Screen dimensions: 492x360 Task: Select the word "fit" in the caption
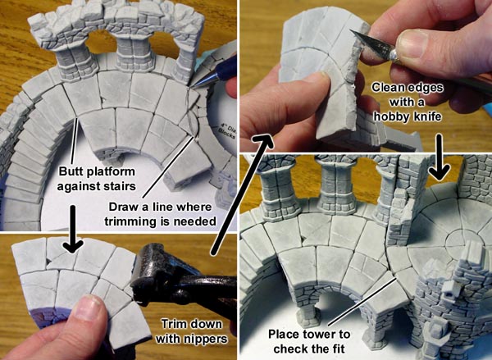(338, 349)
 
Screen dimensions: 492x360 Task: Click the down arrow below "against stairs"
(73, 229)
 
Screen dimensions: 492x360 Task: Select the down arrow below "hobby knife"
(439, 157)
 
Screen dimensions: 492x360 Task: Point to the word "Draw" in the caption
(122, 207)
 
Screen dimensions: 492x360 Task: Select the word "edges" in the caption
(427, 89)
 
